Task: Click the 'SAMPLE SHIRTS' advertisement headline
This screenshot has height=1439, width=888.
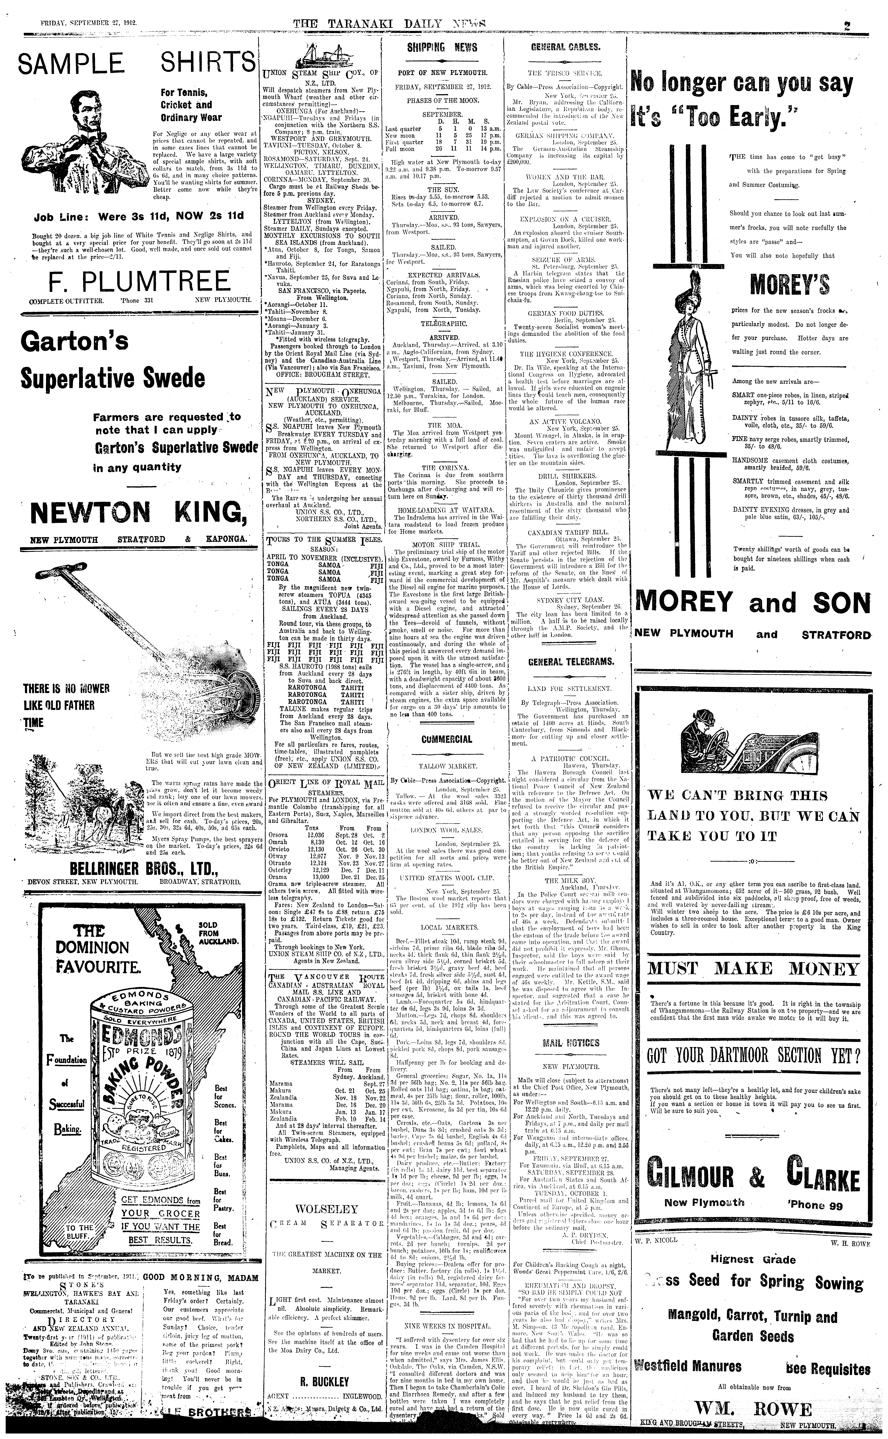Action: pos(137,64)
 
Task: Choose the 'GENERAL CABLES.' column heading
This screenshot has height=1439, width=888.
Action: pos(565,48)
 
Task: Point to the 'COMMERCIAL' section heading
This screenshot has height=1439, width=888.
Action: pos(446,739)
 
